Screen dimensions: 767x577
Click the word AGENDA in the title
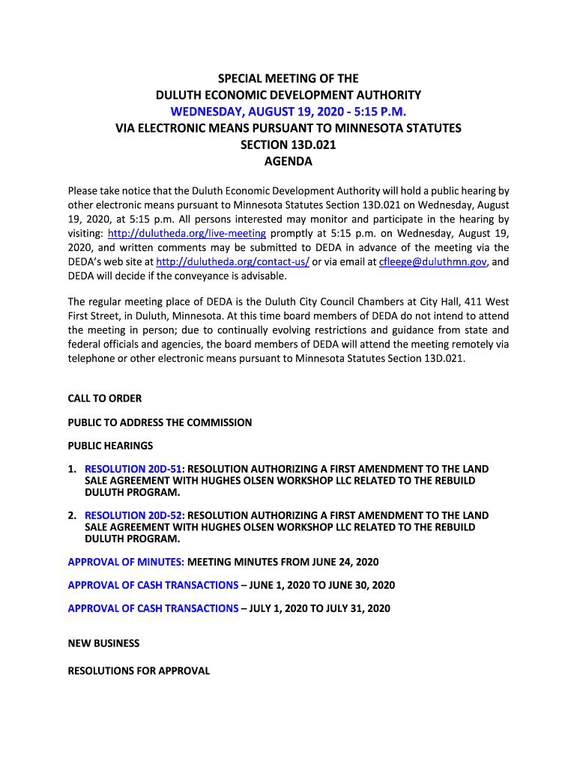(288, 161)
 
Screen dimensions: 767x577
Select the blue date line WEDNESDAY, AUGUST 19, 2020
(288, 112)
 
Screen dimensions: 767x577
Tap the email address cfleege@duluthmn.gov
(433, 261)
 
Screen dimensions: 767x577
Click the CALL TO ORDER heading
(105, 398)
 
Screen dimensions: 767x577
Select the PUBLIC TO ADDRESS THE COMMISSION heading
(160, 422)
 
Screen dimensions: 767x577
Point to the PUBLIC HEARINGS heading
(110, 446)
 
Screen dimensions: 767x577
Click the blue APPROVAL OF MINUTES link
(126, 562)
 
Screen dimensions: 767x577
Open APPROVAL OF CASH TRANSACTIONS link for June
(153, 585)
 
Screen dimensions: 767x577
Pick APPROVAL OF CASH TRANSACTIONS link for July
(153, 608)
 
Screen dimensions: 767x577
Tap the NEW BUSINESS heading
(103, 643)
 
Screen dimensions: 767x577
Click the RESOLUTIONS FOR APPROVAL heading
(139, 671)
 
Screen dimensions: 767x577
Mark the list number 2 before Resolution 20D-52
(72, 515)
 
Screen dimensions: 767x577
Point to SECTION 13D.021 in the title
(288, 145)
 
